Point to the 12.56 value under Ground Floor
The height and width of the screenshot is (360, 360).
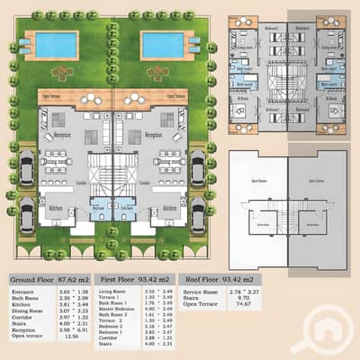[61, 337]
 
